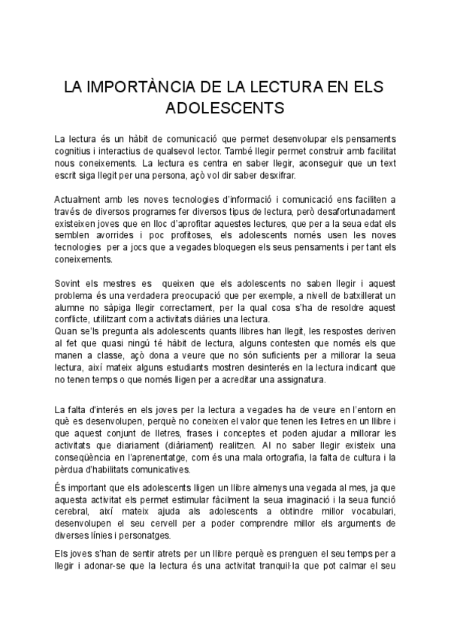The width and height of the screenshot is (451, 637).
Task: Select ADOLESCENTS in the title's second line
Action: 225,107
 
